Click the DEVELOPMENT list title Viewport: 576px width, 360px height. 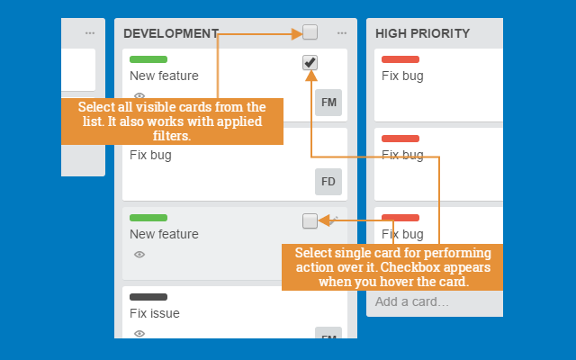pyautogui.click(x=171, y=33)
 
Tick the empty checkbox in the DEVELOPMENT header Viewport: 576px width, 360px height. pyautogui.click(x=310, y=32)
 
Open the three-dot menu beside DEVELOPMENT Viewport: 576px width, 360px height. pyautogui.click(x=342, y=33)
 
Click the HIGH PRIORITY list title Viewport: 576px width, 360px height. pyautogui.click(x=422, y=33)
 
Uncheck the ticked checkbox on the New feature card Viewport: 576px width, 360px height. pyautogui.click(x=310, y=62)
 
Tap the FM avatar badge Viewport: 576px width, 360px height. pyautogui.click(x=328, y=103)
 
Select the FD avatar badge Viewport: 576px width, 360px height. pyautogui.click(x=328, y=182)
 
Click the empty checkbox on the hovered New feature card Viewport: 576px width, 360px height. pyautogui.click(x=310, y=220)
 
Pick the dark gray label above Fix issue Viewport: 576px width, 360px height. pyautogui.click(x=148, y=297)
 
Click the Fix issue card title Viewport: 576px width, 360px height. pyautogui.click(x=155, y=313)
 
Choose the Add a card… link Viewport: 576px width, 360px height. pyautogui.click(x=412, y=301)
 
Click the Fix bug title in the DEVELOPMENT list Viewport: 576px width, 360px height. pyautogui.click(x=150, y=155)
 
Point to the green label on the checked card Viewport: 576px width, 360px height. pyautogui.click(x=148, y=59)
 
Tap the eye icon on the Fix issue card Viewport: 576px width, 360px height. pyautogui.click(x=139, y=334)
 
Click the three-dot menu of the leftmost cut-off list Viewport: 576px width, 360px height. pyautogui.click(x=89, y=33)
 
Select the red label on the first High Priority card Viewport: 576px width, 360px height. pyautogui.click(x=400, y=59)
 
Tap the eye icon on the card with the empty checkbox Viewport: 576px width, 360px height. pyautogui.click(x=139, y=255)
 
